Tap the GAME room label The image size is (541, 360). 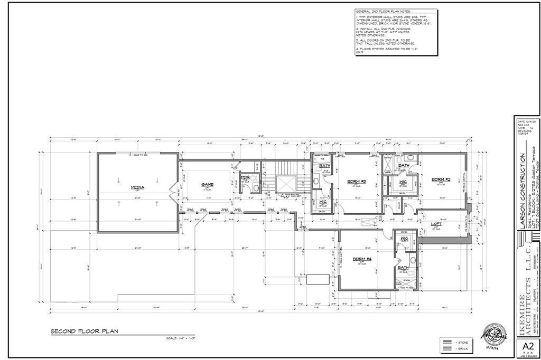[x=207, y=185]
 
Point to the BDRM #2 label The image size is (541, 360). [x=441, y=179]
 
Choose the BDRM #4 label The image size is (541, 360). [x=359, y=258]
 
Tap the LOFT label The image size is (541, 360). [x=436, y=224]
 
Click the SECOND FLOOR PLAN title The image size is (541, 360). [x=84, y=331]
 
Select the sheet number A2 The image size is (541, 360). [x=526, y=346]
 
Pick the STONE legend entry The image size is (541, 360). [x=461, y=342]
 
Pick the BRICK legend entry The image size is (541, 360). [x=461, y=349]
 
